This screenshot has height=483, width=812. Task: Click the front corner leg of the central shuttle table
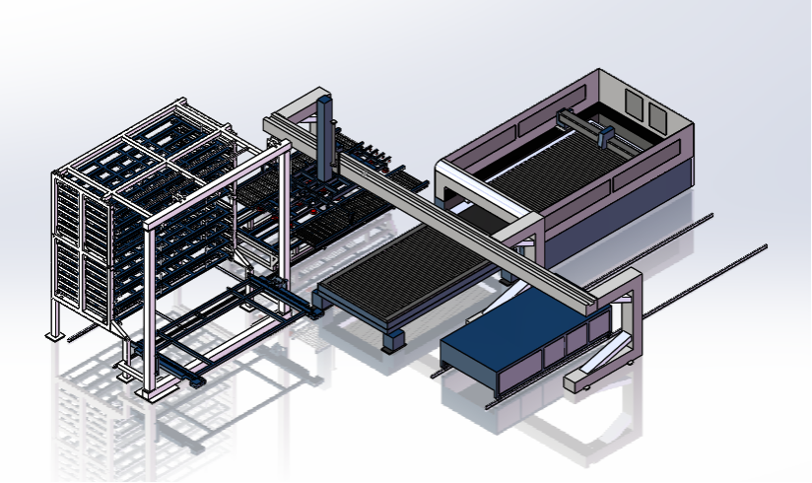393,340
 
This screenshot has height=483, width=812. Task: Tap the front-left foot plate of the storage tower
55,336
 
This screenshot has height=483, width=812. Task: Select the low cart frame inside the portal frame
212,330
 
